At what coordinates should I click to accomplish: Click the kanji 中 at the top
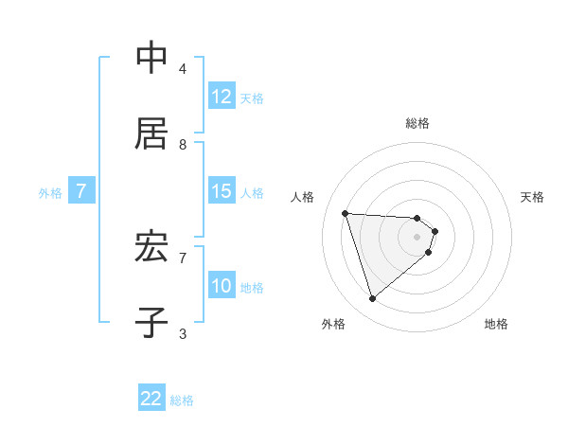[x=151, y=59]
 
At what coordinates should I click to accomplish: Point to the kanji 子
[x=151, y=321]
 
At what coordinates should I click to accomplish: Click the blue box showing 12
[x=222, y=97]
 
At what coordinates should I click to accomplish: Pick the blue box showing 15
[x=222, y=191]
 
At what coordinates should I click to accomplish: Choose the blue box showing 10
[x=222, y=286]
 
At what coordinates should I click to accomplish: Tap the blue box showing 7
[x=81, y=191]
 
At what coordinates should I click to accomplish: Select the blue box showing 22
[x=151, y=399]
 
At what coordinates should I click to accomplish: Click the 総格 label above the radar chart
[x=417, y=123]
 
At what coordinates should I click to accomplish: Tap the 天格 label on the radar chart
[x=532, y=197]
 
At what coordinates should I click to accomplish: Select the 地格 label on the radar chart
[x=496, y=324]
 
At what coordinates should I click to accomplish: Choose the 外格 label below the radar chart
[x=333, y=324]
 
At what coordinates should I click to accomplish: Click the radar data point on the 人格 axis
[x=346, y=213]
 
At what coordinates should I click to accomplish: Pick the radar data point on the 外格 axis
[x=372, y=299]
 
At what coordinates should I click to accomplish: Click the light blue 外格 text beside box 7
[x=50, y=192]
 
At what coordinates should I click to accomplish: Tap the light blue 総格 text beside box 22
[x=182, y=400]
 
